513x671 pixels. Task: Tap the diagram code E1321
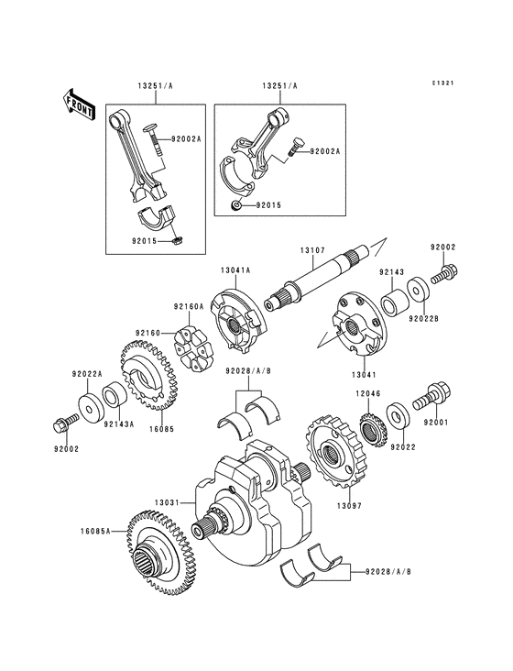[x=444, y=84]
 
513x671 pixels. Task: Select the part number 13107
[x=311, y=250]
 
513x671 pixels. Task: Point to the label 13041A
[x=235, y=269]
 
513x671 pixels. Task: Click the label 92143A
[x=118, y=424]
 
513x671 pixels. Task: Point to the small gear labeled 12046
[x=371, y=430]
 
